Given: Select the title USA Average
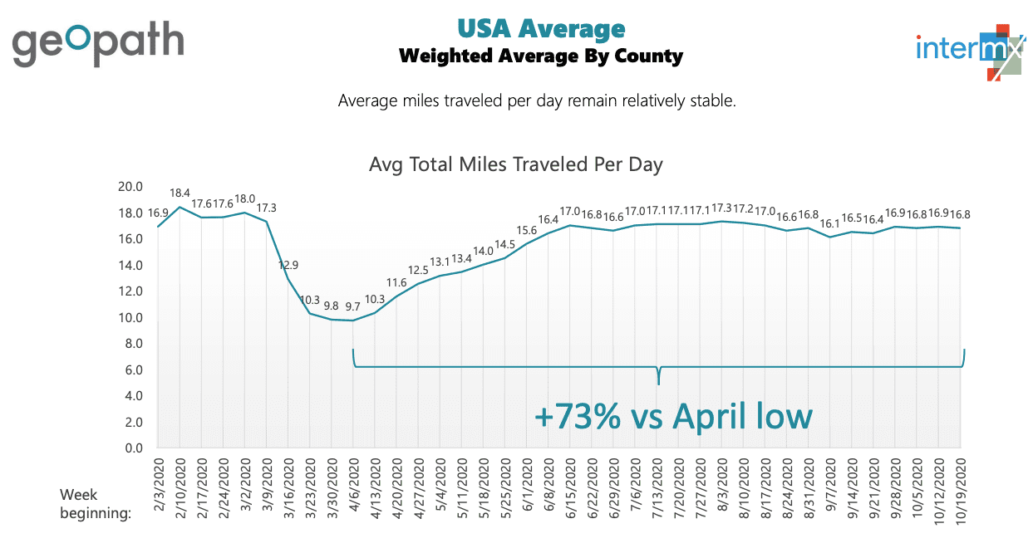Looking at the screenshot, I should coord(540,28).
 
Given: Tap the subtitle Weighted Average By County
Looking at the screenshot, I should coord(540,56).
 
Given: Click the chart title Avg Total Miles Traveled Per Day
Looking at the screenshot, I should coord(515,164).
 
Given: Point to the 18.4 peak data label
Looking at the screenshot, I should coord(180,193).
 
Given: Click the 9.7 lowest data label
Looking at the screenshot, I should coord(353,306).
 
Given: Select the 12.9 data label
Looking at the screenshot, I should coord(288,265).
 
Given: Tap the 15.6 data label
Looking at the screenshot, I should coord(526,230).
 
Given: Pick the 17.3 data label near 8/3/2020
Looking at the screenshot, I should coord(720,208).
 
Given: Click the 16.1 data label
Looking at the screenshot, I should coord(829,223).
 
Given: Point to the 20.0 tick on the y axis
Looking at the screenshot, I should coord(131,187).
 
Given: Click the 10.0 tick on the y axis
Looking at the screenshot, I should coord(131,318).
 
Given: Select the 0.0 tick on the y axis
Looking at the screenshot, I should coord(134,448).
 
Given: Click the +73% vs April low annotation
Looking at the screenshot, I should coord(673,415).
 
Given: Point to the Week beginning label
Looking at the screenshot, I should coord(96,504).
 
